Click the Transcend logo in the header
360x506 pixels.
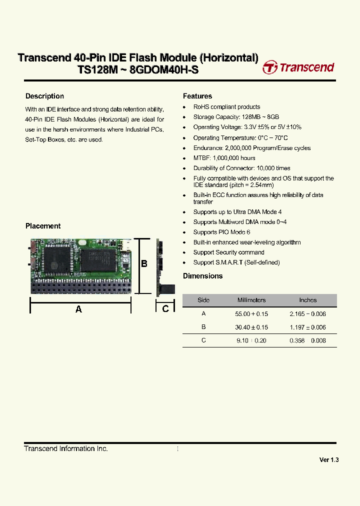coord(298,67)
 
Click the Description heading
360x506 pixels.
coord(44,96)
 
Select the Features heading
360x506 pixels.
coord(197,96)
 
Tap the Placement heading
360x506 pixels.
coord(43,226)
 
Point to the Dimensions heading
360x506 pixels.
coord(202,276)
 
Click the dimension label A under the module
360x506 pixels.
coord(78,309)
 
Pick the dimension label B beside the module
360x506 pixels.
coord(144,263)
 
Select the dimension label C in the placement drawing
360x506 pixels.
coord(165,308)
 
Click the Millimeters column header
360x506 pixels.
coord(251,300)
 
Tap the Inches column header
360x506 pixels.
coord(307,300)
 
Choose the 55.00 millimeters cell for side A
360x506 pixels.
coord(251,313)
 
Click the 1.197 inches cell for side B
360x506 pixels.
coord(307,327)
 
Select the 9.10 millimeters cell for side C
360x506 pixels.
coord(251,340)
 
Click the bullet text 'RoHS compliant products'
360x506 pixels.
coord(226,106)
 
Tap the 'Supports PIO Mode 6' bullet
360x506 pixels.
coord(221,232)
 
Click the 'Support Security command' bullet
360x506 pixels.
coord(228,252)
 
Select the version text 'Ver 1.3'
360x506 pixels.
coord(329,460)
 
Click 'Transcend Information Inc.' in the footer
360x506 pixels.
coord(66,449)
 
